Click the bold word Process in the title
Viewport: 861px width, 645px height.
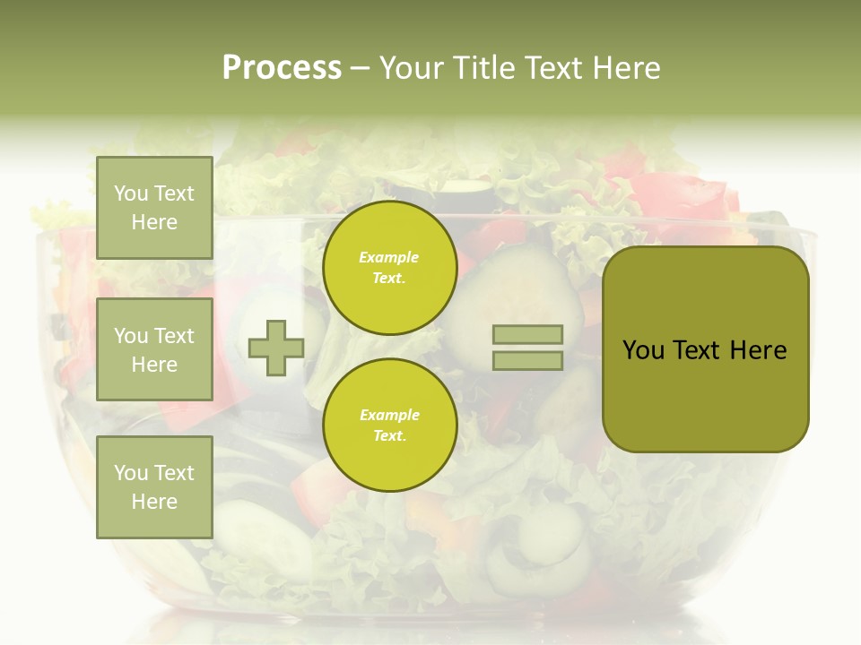pyautogui.click(x=282, y=68)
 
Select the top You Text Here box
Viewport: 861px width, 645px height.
pyautogui.click(x=154, y=208)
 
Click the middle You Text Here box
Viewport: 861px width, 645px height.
pyautogui.click(x=154, y=349)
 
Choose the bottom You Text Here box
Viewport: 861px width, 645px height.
pyautogui.click(x=154, y=486)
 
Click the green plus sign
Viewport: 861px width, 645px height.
pyautogui.click(x=276, y=348)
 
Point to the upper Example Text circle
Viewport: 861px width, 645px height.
pyautogui.click(x=389, y=267)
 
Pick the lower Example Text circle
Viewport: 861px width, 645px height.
pyautogui.click(x=389, y=425)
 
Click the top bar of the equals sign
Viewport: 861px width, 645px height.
pyautogui.click(x=527, y=334)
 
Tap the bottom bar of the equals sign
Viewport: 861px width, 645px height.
pyautogui.click(x=527, y=361)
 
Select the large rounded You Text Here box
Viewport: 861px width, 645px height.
pyautogui.click(x=705, y=349)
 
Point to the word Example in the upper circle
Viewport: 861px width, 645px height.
pyautogui.click(x=389, y=257)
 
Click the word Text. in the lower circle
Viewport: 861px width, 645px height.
pyautogui.click(x=389, y=436)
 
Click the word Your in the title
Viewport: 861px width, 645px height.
pyautogui.click(x=412, y=68)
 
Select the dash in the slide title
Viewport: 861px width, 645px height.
pyautogui.click(x=361, y=69)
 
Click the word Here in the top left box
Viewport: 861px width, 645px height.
pyautogui.click(x=154, y=222)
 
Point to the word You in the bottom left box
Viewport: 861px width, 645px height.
pyautogui.click(x=131, y=472)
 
